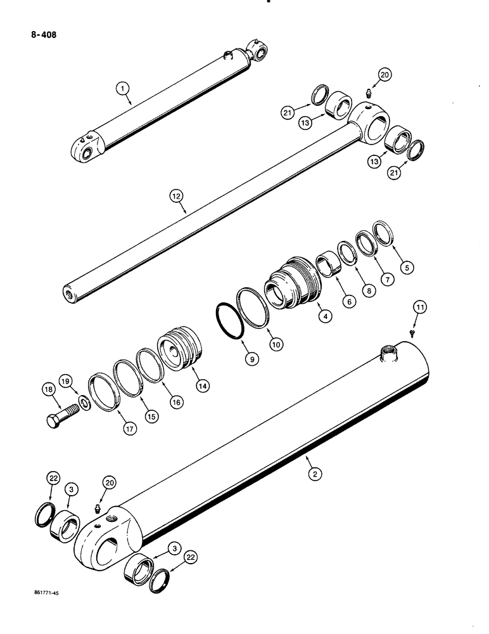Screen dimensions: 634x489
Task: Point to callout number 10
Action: click(277, 343)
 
